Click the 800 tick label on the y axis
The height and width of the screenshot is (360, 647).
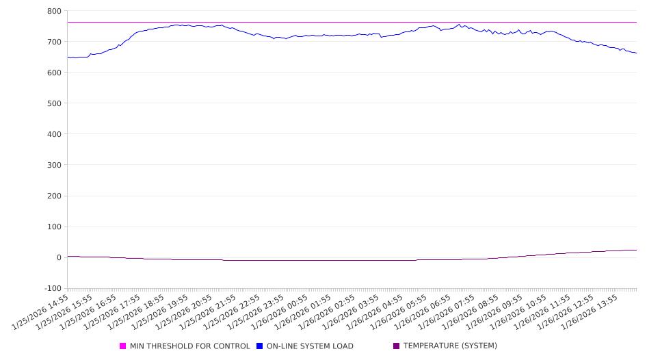[x=54, y=11]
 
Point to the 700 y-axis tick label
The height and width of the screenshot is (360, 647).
[x=54, y=42]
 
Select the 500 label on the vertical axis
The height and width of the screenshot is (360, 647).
[x=54, y=103]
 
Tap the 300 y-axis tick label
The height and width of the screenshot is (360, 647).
[x=54, y=165]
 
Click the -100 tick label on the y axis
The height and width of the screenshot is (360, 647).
[x=52, y=288]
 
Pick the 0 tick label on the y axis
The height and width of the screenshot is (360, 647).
[x=59, y=257]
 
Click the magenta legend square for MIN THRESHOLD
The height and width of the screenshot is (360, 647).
[x=123, y=346]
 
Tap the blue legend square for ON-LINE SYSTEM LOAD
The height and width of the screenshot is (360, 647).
[x=260, y=346]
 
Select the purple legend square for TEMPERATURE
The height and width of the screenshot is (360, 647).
[x=397, y=346]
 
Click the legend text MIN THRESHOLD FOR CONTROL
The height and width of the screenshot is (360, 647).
[x=189, y=346]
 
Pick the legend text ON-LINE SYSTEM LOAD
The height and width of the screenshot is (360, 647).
[x=310, y=346]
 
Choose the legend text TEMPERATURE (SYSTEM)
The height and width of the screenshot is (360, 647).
[x=450, y=346]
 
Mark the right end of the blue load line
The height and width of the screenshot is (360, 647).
[x=637, y=53]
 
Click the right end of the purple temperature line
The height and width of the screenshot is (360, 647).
[x=637, y=250]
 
